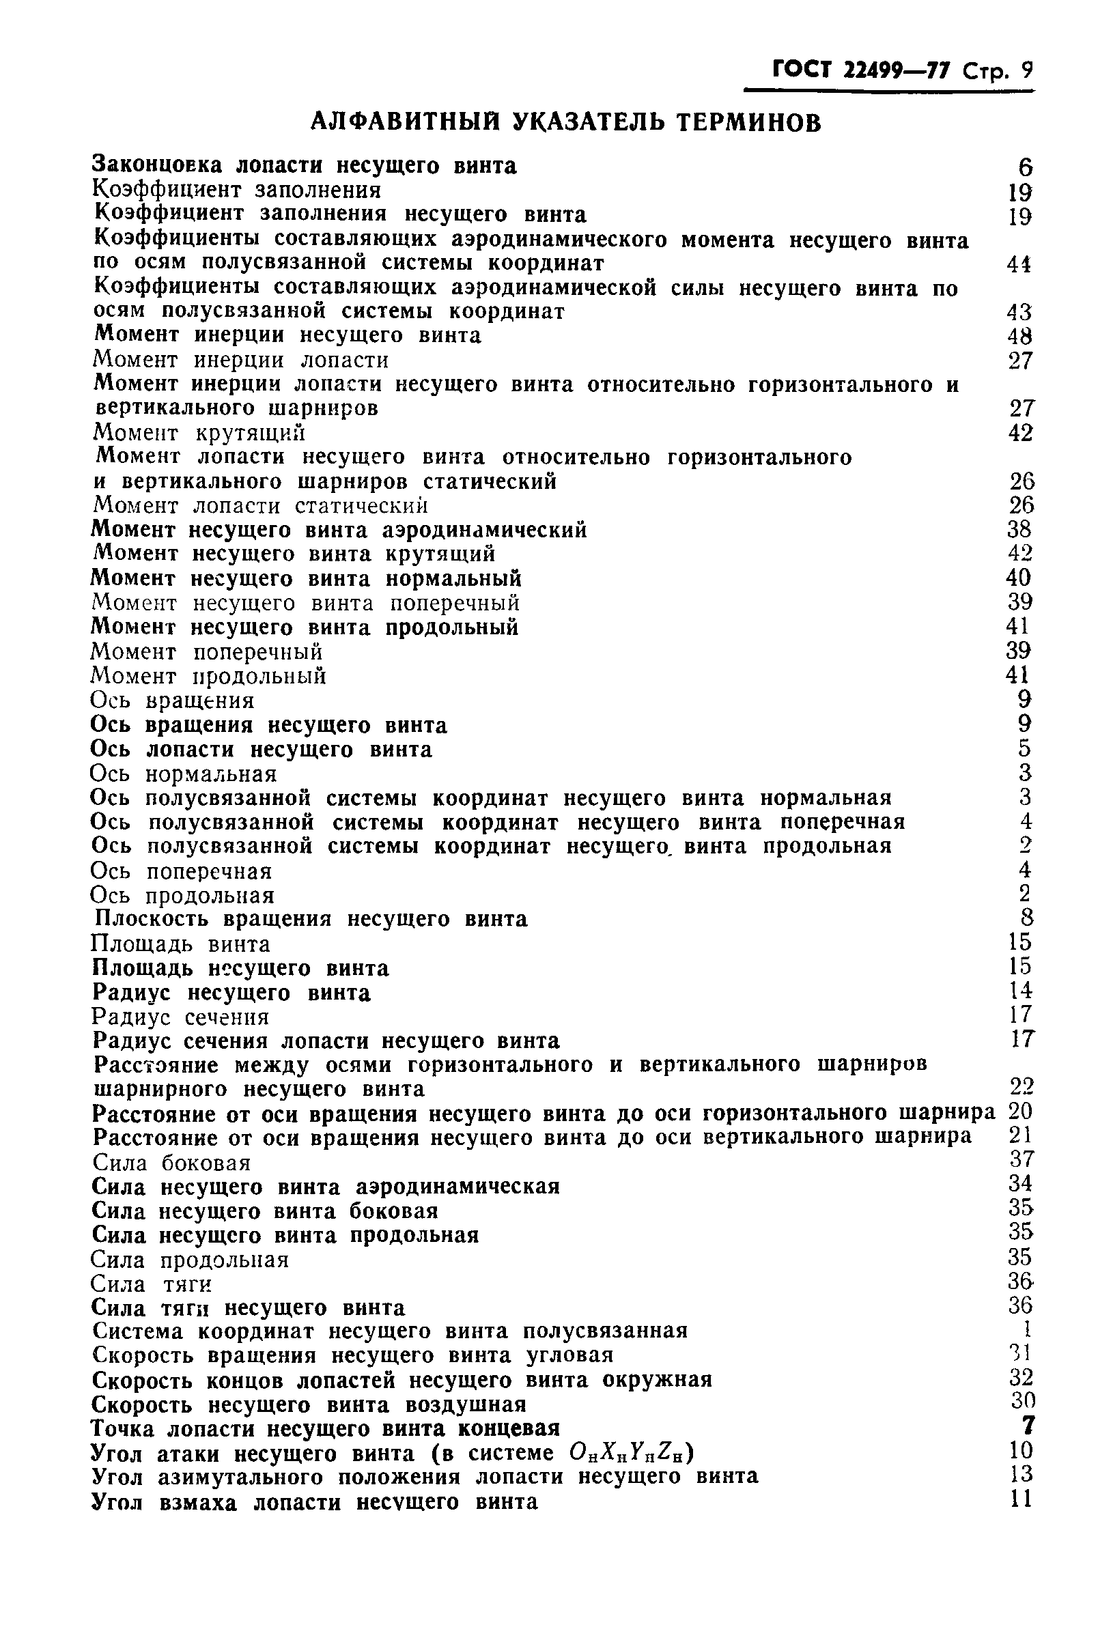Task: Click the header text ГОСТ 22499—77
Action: point(861,70)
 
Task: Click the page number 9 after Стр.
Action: point(1026,70)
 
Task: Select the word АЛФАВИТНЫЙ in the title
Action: point(401,123)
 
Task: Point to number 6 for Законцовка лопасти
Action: point(1026,168)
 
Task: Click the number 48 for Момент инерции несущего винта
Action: point(1020,336)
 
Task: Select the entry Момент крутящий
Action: point(199,432)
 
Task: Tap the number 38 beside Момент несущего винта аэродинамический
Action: point(1020,529)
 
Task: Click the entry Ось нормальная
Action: point(184,774)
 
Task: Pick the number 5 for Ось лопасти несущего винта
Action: point(1026,748)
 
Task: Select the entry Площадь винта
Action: point(181,944)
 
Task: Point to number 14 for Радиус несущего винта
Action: point(1021,991)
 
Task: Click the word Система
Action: point(138,1331)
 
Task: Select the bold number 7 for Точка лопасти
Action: point(1027,1426)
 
